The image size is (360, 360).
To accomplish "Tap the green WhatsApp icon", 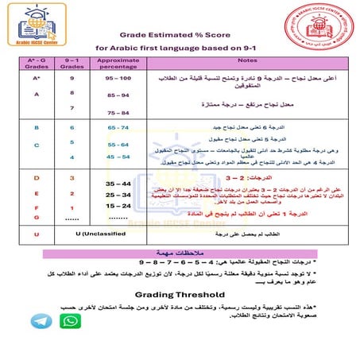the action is tap(70, 321).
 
